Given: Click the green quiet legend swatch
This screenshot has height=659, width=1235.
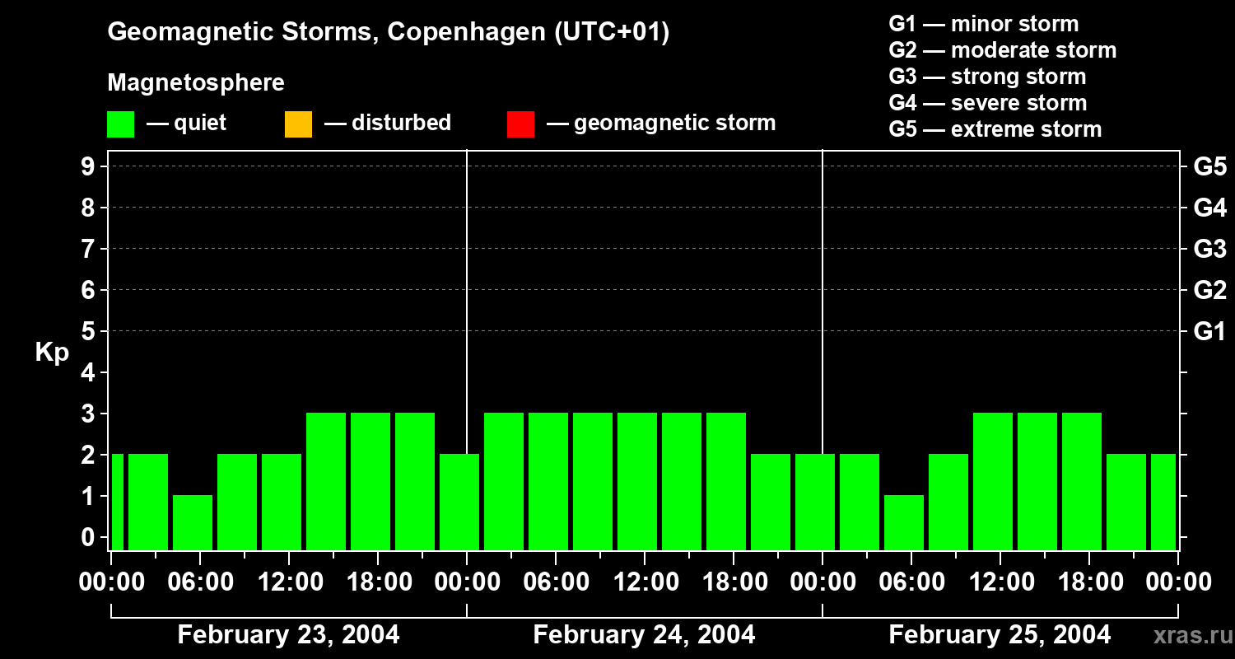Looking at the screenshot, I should tap(120, 124).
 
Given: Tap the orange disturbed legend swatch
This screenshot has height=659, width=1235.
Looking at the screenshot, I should tap(298, 124).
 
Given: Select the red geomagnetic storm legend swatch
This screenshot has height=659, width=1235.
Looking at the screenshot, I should tap(520, 124).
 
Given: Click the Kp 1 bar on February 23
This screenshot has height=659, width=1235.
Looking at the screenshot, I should tap(193, 522).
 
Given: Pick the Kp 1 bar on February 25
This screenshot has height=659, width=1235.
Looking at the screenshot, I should tap(904, 522).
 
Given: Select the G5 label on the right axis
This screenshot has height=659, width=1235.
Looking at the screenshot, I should tap(1209, 166).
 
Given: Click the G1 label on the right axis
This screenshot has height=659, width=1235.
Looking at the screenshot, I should tap(1209, 331).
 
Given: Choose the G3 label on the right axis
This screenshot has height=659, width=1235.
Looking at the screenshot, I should tap(1209, 249).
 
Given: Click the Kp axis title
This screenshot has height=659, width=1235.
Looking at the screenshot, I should tap(52, 353).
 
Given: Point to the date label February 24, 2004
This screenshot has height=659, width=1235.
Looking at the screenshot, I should tap(644, 635).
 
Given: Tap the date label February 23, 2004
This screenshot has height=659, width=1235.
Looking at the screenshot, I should tap(288, 635).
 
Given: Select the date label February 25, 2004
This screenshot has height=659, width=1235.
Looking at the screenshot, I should tap(1000, 635).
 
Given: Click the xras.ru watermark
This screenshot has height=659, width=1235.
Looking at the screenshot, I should tap(1187, 636).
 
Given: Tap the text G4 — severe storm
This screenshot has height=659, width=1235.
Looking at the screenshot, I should tap(988, 103).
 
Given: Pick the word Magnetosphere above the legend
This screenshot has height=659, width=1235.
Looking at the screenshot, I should tap(196, 83).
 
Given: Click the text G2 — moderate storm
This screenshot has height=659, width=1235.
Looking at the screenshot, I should tap(1003, 50).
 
